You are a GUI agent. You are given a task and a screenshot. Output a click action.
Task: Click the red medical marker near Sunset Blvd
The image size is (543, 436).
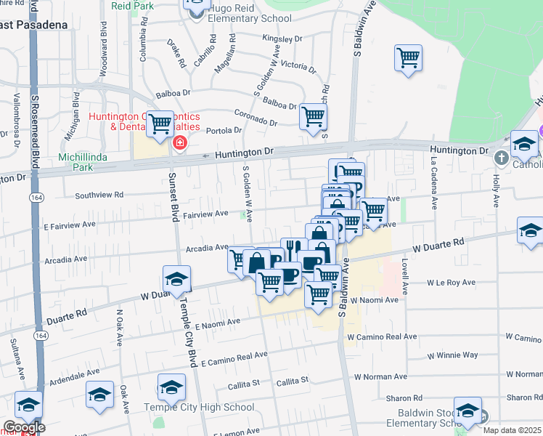[x=179, y=143]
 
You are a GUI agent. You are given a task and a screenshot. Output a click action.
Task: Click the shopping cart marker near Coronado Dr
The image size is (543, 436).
[x=313, y=116]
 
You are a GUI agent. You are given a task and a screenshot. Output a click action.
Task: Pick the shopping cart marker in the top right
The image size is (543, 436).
[x=409, y=58]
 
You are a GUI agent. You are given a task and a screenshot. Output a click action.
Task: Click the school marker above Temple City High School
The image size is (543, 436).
[x=172, y=387]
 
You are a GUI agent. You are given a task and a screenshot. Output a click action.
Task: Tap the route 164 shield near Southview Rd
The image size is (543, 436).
[x=35, y=198]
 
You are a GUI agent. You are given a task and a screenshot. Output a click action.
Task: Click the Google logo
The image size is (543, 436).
[x=23, y=428]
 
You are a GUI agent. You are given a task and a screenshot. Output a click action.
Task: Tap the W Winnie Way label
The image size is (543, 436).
[x=453, y=355]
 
